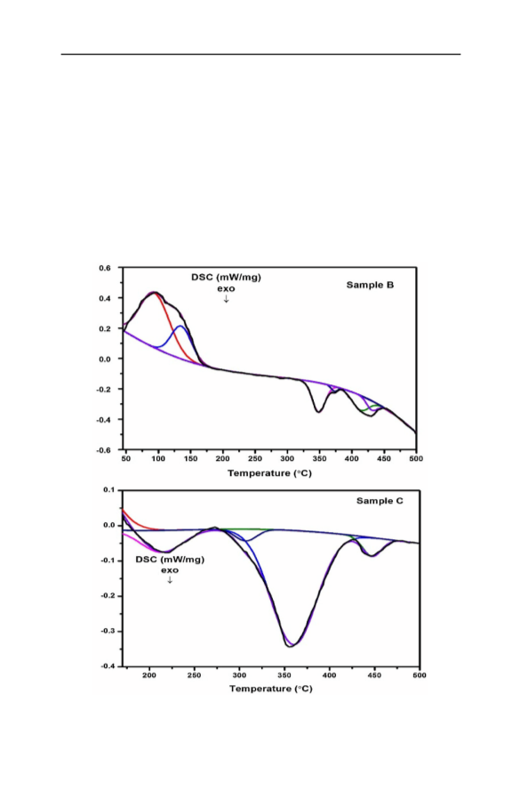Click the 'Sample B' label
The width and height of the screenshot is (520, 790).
[370, 286]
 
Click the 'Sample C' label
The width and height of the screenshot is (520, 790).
[380, 501]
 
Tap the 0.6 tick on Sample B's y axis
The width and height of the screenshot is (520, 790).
[105, 268]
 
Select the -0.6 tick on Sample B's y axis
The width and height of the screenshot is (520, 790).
[104, 450]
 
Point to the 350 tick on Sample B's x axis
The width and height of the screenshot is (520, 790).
[320, 458]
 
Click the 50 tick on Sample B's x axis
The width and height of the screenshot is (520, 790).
[126, 458]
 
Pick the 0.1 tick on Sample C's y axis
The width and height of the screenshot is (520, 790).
[109, 489]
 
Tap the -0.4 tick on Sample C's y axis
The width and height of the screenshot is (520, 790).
[108, 666]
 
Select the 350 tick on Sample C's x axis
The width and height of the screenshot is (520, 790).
[284, 675]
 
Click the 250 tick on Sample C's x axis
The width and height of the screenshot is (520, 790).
[194, 675]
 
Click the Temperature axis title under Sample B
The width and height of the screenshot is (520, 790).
[270, 473]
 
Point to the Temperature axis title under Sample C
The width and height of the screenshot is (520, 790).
[271, 689]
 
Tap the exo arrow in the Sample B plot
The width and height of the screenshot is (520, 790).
[226, 299]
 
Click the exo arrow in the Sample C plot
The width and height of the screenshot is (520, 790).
[170, 580]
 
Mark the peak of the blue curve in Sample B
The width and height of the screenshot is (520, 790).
[180, 326]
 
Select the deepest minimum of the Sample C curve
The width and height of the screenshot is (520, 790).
[291, 647]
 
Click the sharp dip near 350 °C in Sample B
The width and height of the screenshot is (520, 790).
[318, 412]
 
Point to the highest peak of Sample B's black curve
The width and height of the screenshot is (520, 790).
[155, 292]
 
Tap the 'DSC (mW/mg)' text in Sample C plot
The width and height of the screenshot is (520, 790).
[170, 560]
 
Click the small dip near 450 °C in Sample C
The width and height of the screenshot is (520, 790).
[372, 556]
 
